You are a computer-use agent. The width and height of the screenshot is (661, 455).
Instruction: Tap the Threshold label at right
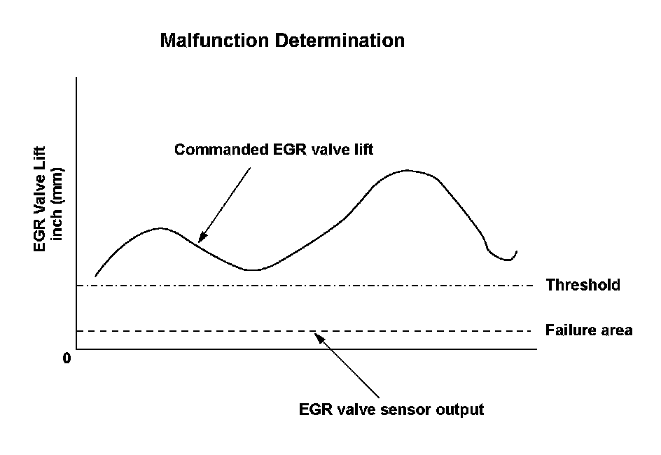point(583,285)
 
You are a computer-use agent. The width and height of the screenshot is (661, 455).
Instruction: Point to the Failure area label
point(589,330)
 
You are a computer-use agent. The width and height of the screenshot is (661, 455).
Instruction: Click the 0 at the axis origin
point(67,358)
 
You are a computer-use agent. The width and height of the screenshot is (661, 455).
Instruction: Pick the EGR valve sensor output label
point(391,409)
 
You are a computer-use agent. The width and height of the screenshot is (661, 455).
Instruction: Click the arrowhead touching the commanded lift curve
point(200,239)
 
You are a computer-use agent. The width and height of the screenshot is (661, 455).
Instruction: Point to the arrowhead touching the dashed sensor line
point(318,337)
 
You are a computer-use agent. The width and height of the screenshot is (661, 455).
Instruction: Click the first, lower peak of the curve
point(161,227)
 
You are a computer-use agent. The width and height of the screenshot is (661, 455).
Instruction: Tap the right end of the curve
point(517,251)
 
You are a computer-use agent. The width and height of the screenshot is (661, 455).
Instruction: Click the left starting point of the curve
point(95,276)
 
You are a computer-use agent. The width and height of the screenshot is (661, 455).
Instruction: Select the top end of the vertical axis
point(76,78)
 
